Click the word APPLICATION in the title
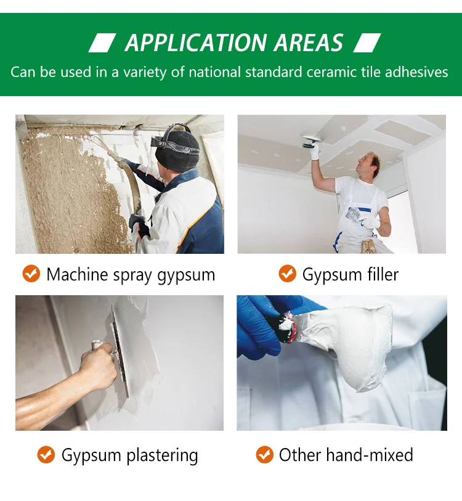[187, 43]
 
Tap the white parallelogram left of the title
[102, 43]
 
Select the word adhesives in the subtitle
[416, 72]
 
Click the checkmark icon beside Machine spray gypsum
[31, 274]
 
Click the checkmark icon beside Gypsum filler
[287, 274]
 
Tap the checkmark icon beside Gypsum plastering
[46, 455]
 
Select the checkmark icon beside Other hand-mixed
[265, 455]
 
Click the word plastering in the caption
[163, 456]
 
